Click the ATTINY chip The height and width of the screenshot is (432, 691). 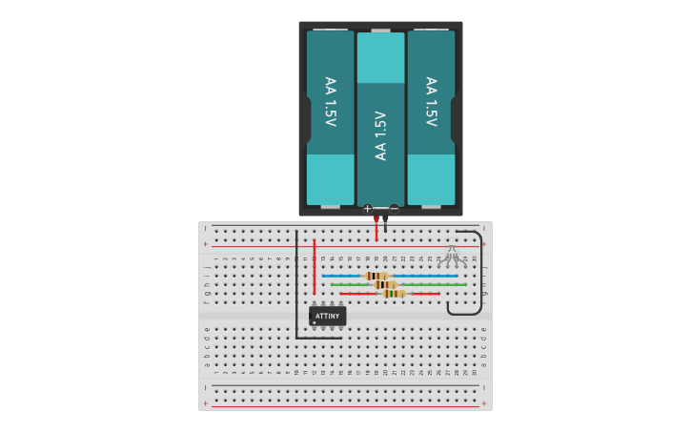[327, 315]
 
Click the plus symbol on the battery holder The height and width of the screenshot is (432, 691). [367, 208]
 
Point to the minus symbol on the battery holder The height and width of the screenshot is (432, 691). [394, 208]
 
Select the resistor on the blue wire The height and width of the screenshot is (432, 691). [376, 276]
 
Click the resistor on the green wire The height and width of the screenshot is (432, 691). [385, 284]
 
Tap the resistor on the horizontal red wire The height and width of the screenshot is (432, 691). [394, 294]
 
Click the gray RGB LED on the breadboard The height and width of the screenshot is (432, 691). [452, 255]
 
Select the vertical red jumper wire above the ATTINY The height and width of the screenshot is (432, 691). [314, 266]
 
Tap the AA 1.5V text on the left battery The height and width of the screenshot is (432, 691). [330, 101]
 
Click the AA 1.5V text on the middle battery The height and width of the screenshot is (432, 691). [380, 134]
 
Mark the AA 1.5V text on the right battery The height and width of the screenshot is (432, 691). [431, 101]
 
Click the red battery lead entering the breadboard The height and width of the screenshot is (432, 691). [376, 229]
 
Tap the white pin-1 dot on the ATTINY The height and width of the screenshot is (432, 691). [315, 322]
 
